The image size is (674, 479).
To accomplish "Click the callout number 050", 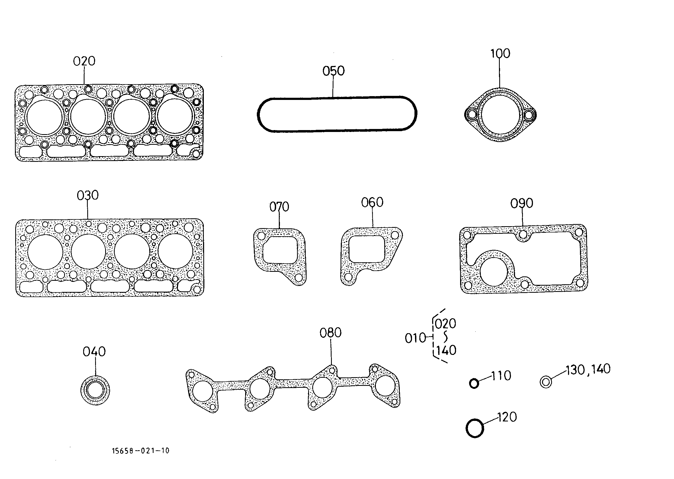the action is point(333,71).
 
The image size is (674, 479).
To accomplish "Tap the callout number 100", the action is point(500,54).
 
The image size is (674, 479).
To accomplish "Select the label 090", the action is point(522,203).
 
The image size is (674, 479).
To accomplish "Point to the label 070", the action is point(279,207).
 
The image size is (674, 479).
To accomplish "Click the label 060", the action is point(372,202).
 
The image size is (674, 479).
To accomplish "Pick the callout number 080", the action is point(330,333).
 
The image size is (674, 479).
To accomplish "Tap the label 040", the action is point(94,352).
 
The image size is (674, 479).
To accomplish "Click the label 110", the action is point(501,376).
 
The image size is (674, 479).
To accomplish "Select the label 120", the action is point(507,417).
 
